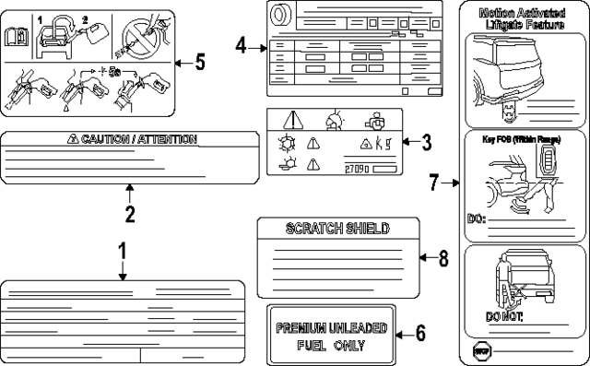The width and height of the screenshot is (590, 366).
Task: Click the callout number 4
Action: coord(241,44)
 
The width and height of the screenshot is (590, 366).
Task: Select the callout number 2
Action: coord(130,215)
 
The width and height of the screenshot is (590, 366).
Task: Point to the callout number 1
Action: coord(123,251)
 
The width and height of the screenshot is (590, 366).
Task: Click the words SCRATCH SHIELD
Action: coord(337,228)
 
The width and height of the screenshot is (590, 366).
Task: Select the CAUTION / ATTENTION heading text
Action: coord(136,139)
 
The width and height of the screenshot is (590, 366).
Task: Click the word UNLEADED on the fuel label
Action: coord(360,328)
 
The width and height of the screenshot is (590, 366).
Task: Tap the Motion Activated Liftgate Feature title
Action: coord(520,19)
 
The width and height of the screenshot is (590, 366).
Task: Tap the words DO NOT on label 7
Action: coord(504,316)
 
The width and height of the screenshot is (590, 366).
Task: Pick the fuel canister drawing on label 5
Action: coord(95,35)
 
